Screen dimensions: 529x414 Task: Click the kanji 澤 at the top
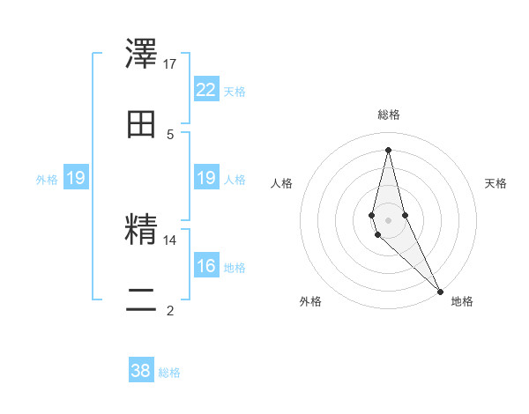(x=142, y=54)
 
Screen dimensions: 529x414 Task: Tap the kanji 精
(x=142, y=230)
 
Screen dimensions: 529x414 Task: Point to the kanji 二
(x=142, y=300)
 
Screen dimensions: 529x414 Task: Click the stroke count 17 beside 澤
(x=170, y=63)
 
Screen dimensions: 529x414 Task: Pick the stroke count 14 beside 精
(x=170, y=240)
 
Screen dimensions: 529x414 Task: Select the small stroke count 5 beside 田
(x=170, y=134)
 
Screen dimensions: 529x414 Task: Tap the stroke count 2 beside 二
(x=170, y=310)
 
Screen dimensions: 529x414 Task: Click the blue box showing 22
(x=206, y=90)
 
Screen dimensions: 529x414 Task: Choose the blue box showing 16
(x=206, y=266)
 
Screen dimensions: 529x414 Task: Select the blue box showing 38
(x=141, y=371)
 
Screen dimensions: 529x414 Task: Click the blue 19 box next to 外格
(x=76, y=179)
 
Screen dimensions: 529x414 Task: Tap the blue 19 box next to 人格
(x=206, y=179)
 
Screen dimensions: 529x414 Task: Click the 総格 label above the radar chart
(x=389, y=115)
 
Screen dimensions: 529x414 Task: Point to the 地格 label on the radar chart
(x=462, y=301)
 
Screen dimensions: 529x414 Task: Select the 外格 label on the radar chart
(x=310, y=301)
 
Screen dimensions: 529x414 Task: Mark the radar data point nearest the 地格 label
(x=440, y=291)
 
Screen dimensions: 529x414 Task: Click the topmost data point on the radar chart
(x=388, y=149)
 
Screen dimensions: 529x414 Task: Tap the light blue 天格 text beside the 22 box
(x=235, y=92)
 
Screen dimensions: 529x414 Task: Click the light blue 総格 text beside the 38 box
(x=169, y=373)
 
